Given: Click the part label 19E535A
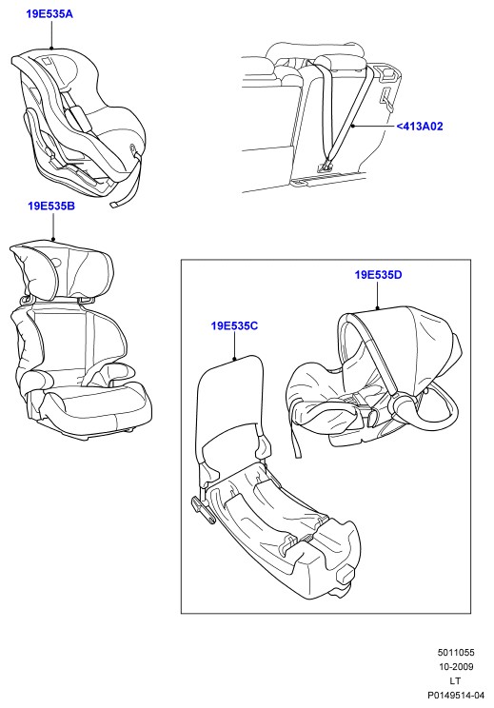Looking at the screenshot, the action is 49,14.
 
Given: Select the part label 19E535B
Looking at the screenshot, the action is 51,206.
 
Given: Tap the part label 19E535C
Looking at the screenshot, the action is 234,325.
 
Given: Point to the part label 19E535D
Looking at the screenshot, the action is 378,274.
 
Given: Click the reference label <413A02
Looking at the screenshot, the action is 420,127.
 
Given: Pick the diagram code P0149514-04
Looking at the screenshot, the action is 456,696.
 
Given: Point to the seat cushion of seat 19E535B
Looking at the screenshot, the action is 97,405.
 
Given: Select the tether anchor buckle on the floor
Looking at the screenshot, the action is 326,167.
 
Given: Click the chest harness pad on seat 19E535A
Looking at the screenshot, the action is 78,116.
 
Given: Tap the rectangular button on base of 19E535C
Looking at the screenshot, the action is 346,575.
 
